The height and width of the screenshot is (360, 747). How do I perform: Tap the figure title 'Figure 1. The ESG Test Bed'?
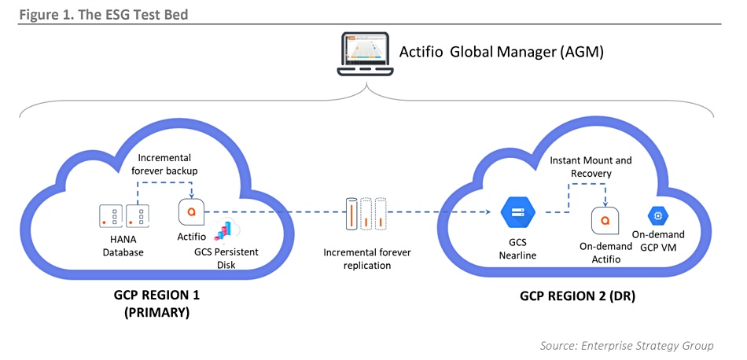[x=103, y=14]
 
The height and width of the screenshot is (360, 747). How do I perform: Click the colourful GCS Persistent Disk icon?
[x=226, y=231]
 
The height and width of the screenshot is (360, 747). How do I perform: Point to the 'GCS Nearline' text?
[x=517, y=248]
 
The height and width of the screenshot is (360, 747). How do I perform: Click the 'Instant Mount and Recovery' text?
[x=591, y=167]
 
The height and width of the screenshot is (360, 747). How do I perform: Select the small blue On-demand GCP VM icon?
[x=658, y=215]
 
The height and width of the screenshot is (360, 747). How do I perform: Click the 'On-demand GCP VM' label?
[x=658, y=241]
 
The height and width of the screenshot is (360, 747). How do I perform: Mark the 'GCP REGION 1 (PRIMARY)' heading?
[x=156, y=304]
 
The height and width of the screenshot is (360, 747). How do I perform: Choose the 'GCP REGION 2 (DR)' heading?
[x=577, y=296]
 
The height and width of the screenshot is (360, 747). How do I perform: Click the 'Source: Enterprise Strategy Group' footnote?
[x=627, y=345]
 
